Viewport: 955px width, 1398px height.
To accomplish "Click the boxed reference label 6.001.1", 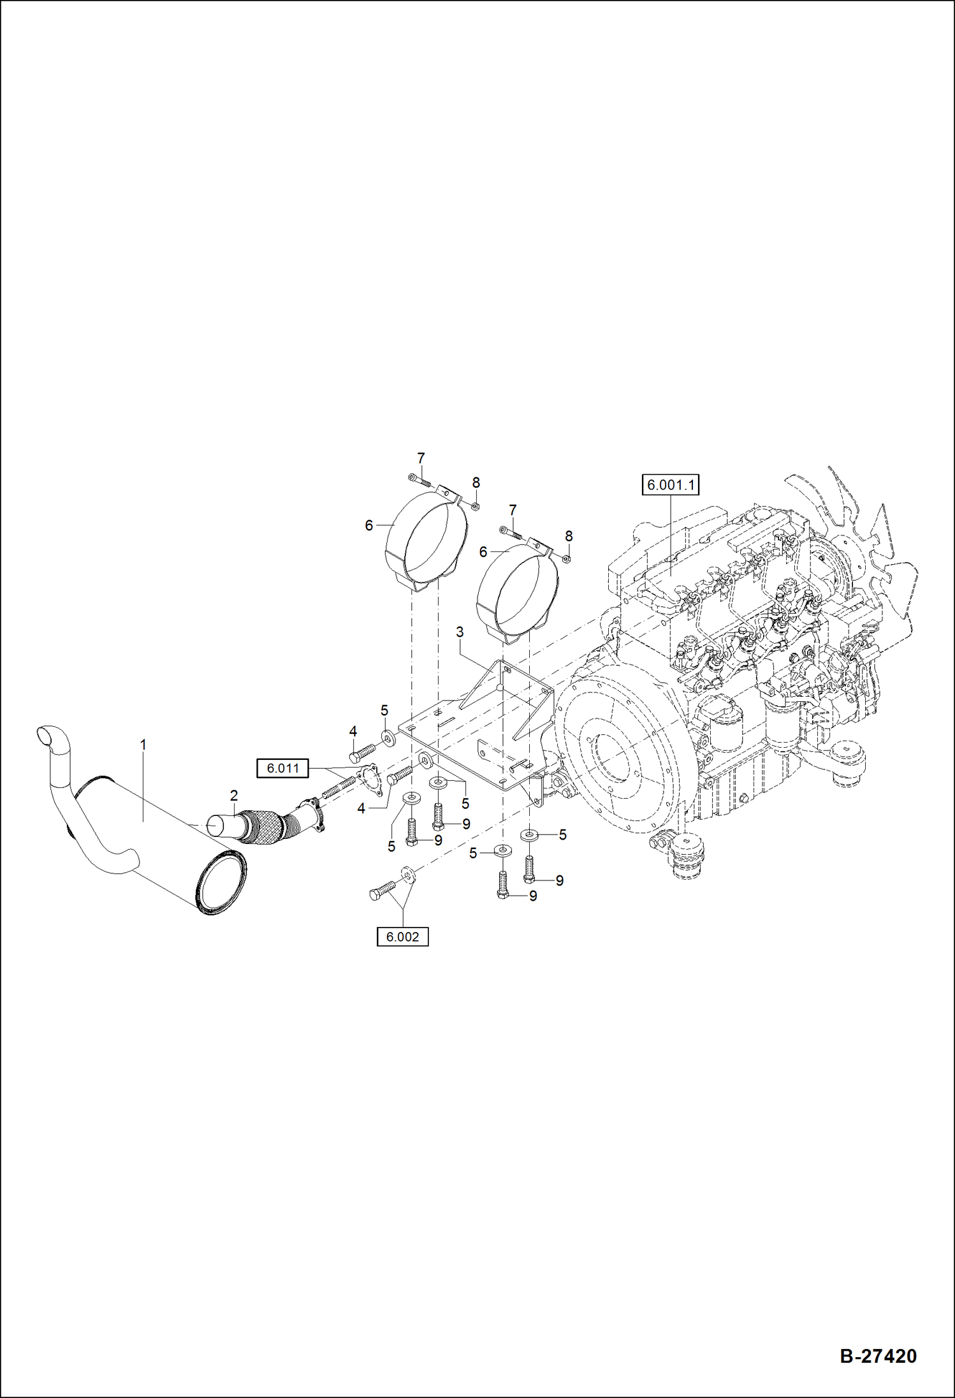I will (671, 485).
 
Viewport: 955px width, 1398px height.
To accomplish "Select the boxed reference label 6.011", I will (282, 768).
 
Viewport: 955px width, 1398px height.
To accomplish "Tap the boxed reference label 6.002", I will (402, 936).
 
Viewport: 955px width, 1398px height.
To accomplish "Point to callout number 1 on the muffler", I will (143, 744).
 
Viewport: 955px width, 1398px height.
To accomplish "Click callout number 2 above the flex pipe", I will (234, 795).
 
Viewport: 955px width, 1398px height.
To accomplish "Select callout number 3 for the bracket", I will (459, 632).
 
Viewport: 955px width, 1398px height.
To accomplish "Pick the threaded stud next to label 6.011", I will (339, 788).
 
